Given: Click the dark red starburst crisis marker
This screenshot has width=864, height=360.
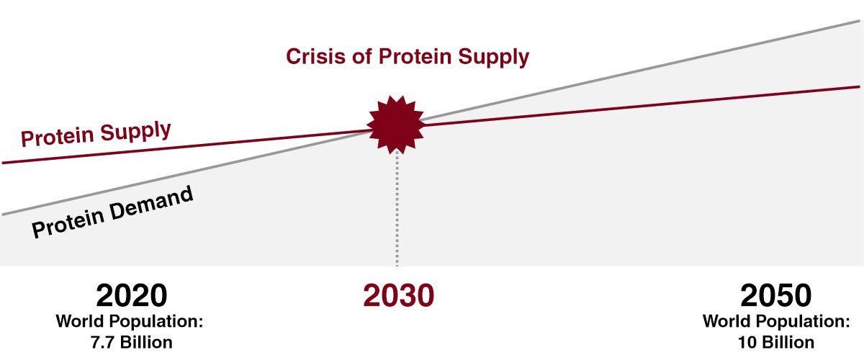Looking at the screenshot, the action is coord(396,125).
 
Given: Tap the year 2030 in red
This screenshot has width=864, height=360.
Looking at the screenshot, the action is coord(398,296).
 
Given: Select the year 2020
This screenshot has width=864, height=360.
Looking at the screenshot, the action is coord(132,296).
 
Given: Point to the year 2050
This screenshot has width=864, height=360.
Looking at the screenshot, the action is coord(775,296).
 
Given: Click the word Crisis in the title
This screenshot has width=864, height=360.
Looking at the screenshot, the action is coord(315,56).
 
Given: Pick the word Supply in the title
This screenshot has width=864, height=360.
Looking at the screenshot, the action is coord(494,58).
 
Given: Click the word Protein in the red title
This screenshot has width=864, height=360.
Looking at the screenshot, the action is coord(415,56).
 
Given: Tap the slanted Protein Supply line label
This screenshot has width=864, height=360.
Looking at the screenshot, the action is coord(96,133).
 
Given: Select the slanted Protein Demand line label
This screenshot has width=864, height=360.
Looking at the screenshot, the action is coord(112,212).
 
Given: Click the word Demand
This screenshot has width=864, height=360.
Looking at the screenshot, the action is coord(151,202).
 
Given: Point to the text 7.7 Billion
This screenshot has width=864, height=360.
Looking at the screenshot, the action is coord(132,342).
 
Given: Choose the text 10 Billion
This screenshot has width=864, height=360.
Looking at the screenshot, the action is coord(776,342).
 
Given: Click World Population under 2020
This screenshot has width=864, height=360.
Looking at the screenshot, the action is coord(130,321).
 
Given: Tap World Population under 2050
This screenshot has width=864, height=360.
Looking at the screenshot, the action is coord(776,321).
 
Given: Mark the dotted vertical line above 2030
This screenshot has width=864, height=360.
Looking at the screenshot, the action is coord(397,208).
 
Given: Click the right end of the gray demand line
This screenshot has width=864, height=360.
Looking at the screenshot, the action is coord(860,21).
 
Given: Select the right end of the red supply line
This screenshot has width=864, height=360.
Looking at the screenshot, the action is coord(860,87).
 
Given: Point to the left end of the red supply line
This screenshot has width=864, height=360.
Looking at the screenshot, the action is coord(3,163).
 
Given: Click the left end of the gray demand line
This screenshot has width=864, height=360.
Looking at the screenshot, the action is coord(3,214).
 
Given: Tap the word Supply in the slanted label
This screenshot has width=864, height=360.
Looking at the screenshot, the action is coord(136,131).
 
